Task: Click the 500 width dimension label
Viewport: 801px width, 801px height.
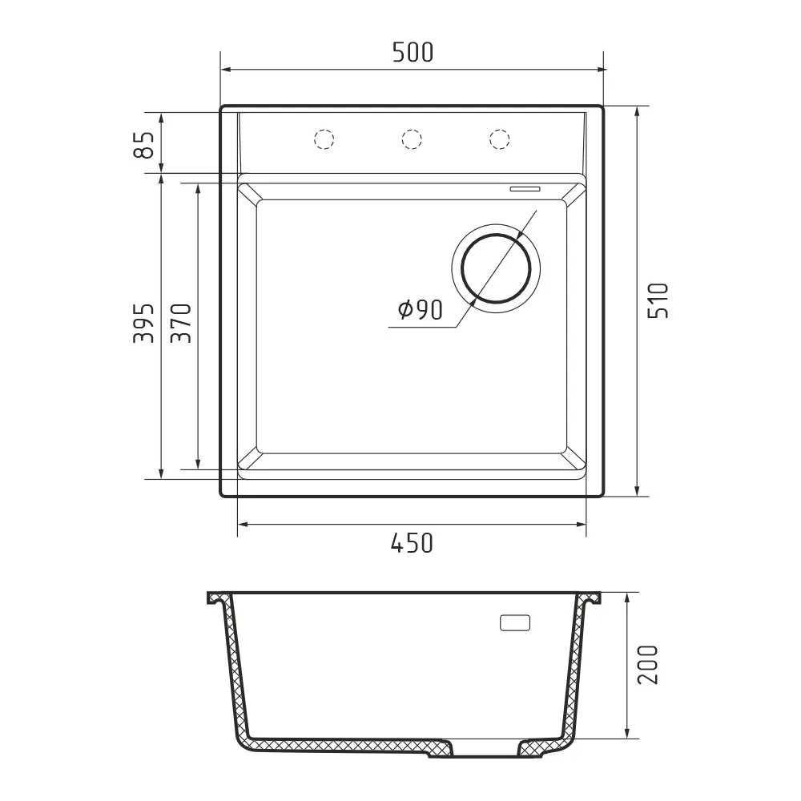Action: point(413,52)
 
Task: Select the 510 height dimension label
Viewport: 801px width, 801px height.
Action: point(658,300)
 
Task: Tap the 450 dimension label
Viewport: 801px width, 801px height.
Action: point(412,543)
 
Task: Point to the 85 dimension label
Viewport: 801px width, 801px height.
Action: point(143,144)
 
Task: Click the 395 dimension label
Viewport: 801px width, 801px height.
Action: point(143,323)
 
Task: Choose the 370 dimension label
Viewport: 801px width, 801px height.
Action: point(181,323)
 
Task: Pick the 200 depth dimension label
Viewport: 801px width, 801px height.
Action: point(648,665)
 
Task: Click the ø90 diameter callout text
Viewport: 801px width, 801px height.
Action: point(421,309)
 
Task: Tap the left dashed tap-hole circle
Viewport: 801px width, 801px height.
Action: point(324,139)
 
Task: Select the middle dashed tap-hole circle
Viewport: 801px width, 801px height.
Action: point(412,139)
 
